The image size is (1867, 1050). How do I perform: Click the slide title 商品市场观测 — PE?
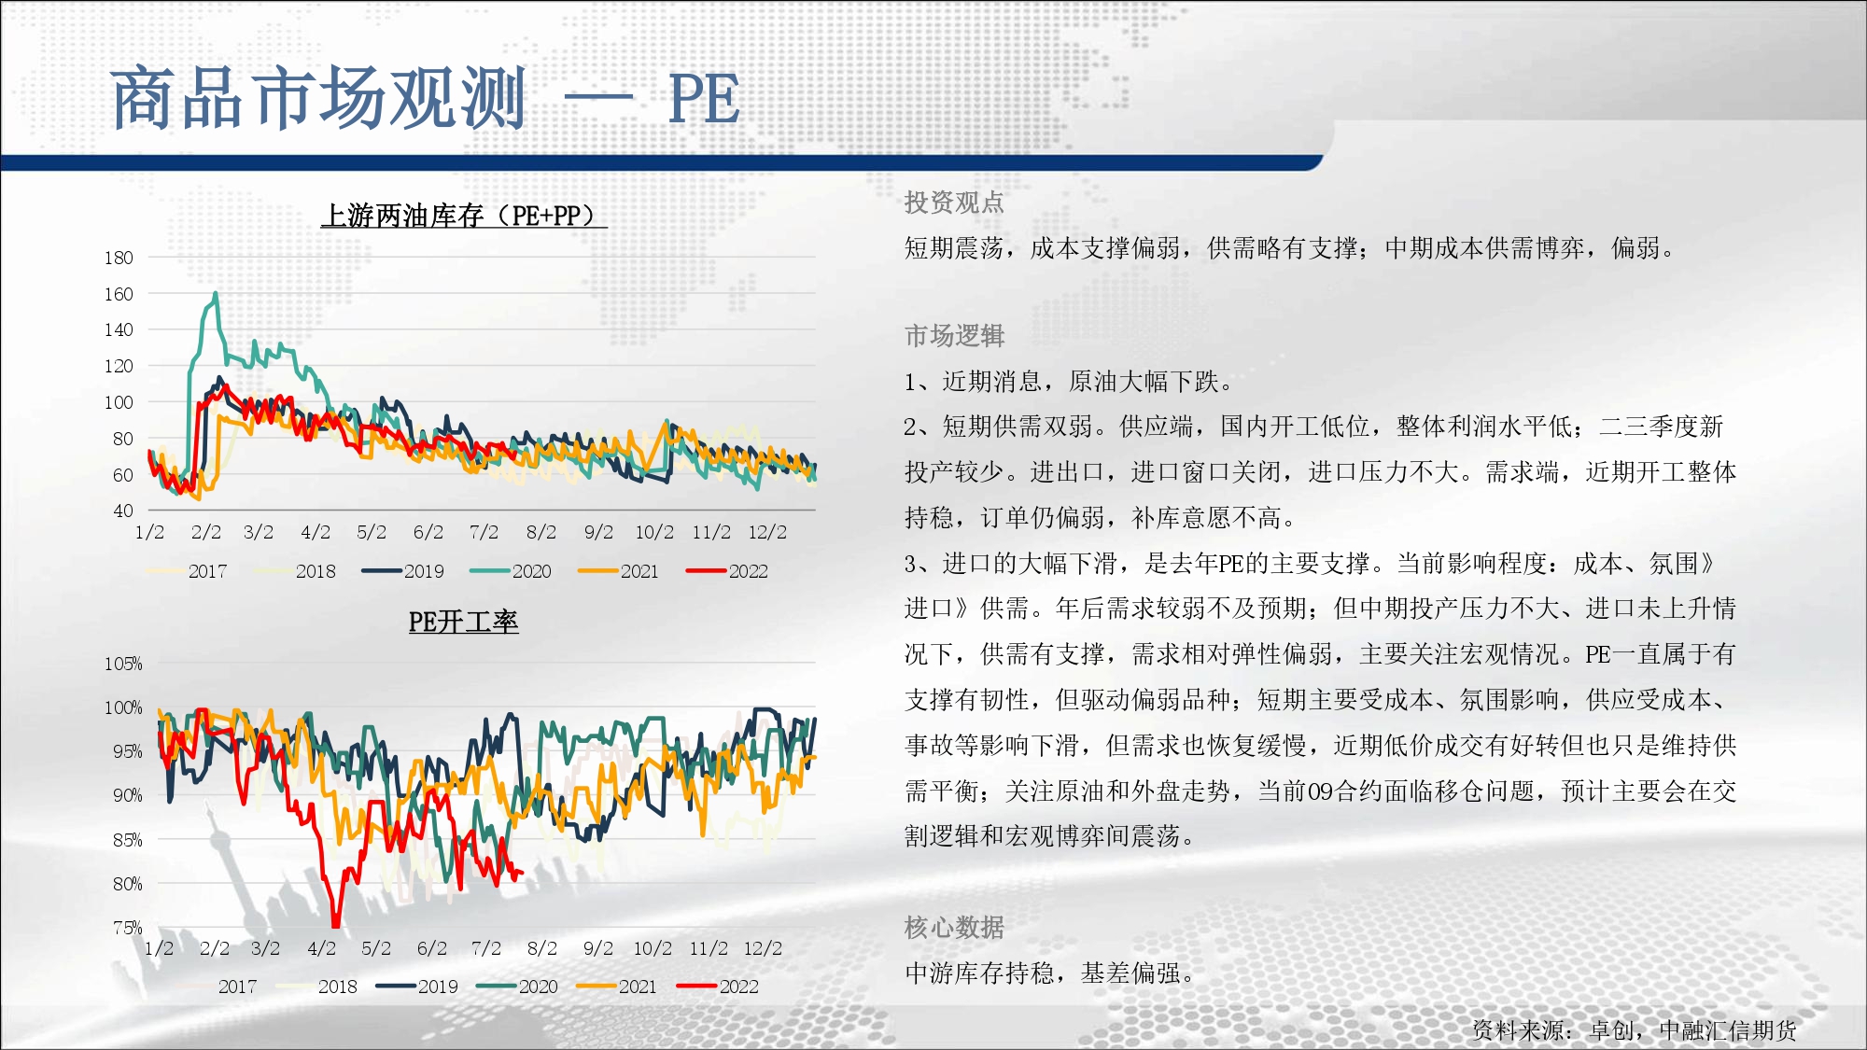pyautogui.click(x=426, y=98)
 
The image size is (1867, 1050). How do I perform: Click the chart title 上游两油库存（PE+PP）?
pyautogui.click(x=464, y=216)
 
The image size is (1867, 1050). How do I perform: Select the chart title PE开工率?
pyautogui.click(x=463, y=622)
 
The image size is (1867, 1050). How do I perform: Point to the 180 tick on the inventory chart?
pyautogui.click(x=119, y=258)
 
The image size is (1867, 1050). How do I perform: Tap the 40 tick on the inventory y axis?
pyautogui.click(x=123, y=511)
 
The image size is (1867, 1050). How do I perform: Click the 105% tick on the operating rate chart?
pyautogui.click(x=123, y=664)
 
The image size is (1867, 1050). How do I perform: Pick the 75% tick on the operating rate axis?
pyautogui.click(x=127, y=928)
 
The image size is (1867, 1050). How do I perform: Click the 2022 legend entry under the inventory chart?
pyautogui.click(x=727, y=571)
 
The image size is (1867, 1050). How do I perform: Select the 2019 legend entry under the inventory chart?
pyautogui.click(x=403, y=571)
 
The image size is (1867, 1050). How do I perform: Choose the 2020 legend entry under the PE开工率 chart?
pyautogui.click(x=517, y=987)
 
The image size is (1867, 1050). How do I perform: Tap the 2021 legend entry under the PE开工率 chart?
pyautogui.click(x=617, y=987)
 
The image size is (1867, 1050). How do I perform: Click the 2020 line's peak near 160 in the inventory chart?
pyautogui.click(x=216, y=293)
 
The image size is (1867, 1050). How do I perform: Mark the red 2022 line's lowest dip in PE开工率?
pyautogui.click(x=335, y=924)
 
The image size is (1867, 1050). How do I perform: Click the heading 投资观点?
pyautogui.click(x=954, y=203)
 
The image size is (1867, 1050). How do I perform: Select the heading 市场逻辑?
pyautogui.click(x=954, y=336)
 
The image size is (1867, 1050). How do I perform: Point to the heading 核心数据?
pyautogui.click(x=954, y=928)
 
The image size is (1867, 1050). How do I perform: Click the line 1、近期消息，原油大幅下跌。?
pyautogui.click(x=1070, y=382)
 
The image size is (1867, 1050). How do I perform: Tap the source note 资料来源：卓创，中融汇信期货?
pyautogui.click(x=1635, y=1030)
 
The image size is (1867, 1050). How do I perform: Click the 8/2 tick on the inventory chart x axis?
pyautogui.click(x=541, y=532)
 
